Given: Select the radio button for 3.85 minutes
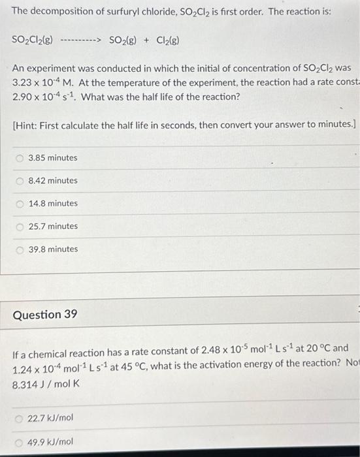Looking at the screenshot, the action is [21, 158].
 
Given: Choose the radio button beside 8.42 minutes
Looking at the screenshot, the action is [21, 181].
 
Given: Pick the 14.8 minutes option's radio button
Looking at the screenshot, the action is [21, 204].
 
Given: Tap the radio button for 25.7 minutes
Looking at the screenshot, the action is [21, 227].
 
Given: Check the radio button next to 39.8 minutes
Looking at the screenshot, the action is [21, 249].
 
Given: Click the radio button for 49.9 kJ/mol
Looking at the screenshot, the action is [21, 442].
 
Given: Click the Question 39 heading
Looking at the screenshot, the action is [45, 315].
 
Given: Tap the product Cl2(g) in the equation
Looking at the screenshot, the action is [166, 40].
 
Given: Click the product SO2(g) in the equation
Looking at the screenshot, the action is [122, 40].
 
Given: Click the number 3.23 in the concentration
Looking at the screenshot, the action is [23, 83].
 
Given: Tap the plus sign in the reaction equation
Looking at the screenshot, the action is [146, 40].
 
